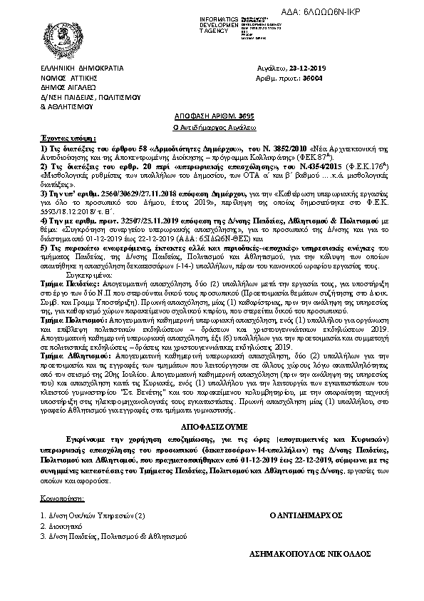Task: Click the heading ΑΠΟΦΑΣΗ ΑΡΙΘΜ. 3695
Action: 212,114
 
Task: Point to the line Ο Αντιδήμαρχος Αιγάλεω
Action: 212,125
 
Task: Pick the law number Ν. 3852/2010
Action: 254,146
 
